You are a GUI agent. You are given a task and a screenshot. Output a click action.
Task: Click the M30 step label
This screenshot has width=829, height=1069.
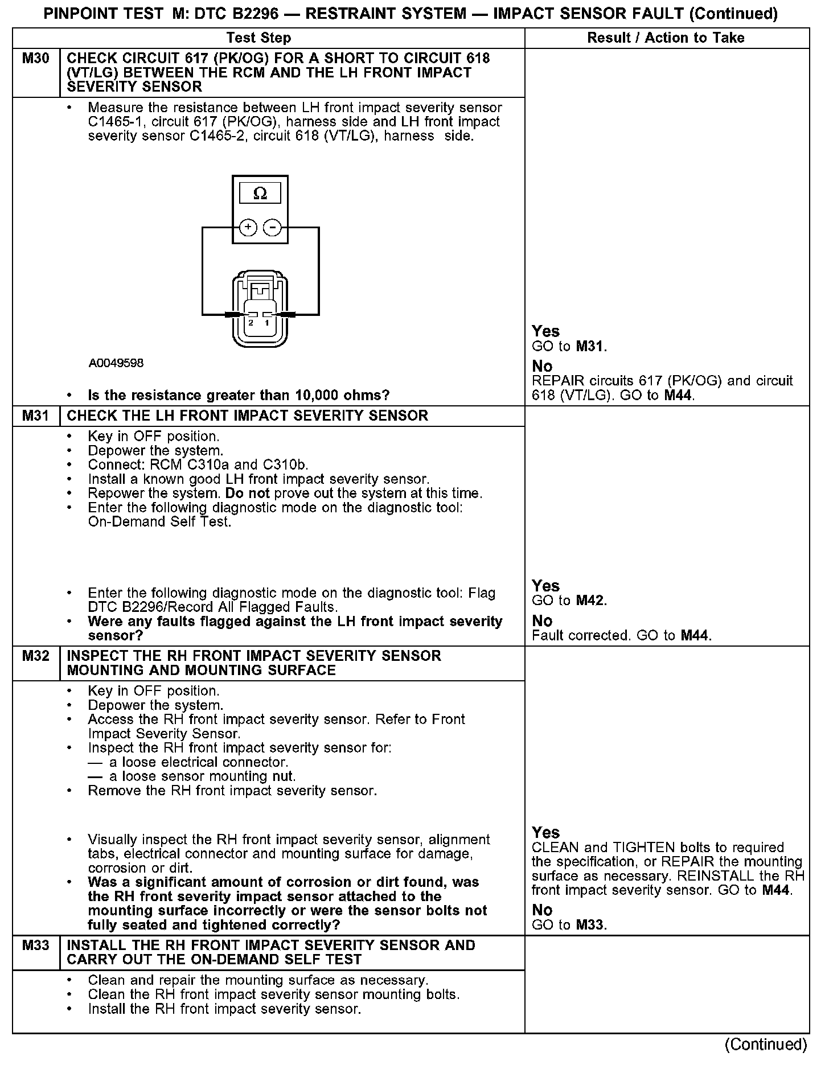[x=36, y=59]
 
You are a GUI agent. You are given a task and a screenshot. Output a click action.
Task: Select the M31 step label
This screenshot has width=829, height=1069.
[x=36, y=416]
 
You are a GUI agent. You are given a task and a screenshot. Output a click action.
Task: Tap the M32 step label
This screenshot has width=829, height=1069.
[x=36, y=656]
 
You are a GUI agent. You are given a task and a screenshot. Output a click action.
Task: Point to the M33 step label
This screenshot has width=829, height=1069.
[x=36, y=945]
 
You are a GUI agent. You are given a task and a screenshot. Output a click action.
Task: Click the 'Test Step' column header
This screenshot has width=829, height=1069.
[x=258, y=38]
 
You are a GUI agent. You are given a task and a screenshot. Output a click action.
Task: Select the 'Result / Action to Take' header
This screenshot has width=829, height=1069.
[x=666, y=38]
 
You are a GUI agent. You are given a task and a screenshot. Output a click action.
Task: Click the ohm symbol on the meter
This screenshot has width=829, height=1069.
[x=260, y=194]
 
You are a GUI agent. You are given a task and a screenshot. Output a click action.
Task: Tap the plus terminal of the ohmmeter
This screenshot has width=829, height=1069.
[x=248, y=228]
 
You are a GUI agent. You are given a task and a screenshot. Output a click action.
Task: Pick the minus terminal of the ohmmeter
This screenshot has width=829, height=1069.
[x=273, y=228]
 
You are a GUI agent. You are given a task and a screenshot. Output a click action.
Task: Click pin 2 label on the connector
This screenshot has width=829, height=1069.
[x=251, y=323]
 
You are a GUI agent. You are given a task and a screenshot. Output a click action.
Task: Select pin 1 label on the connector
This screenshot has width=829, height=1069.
[x=267, y=323]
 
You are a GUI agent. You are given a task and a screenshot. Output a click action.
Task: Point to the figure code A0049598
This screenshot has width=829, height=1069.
[x=116, y=363]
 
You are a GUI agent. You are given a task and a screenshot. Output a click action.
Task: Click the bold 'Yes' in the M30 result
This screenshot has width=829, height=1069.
[x=545, y=331]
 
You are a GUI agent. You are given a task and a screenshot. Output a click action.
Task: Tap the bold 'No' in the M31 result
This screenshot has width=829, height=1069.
[x=542, y=620]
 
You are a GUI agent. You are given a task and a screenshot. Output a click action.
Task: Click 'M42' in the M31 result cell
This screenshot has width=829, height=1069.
[x=590, y=601]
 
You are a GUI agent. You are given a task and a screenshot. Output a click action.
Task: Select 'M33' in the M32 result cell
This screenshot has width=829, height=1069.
[x=590, y=925]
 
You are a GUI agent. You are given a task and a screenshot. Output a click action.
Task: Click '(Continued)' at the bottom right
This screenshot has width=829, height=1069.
[x=765, y=1045]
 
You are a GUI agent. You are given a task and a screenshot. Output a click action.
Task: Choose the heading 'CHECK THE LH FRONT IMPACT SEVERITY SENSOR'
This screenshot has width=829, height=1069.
[x=247, y=416]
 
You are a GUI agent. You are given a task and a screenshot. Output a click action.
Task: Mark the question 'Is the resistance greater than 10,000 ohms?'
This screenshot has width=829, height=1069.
[x=239, y=395]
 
